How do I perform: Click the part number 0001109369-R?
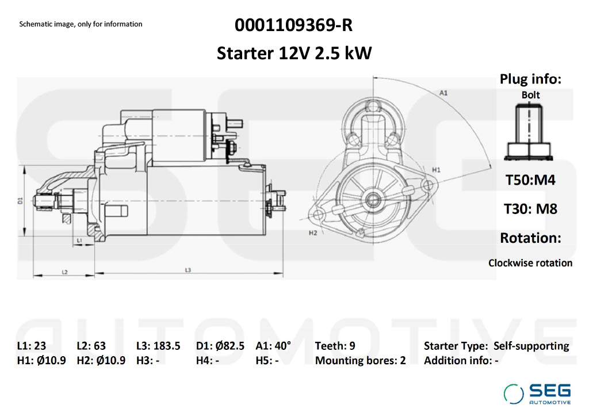[293, 26]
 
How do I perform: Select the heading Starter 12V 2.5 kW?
[294, 54]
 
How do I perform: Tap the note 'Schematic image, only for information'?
[81, 24]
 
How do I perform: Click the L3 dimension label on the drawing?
[188, 269]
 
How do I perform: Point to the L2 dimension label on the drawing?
[65, 271]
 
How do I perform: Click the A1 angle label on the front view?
[444, 93]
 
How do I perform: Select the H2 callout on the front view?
[313, 233]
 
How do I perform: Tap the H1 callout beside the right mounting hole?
[436, 170]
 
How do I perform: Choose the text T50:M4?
[530, 180]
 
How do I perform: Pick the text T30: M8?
[530, 208]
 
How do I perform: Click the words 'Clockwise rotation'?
[530, 263]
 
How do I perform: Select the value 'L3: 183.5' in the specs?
[158, 346]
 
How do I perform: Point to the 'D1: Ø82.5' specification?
[220, 346]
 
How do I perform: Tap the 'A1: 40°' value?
[273, 346]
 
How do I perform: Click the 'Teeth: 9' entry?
[335, 346]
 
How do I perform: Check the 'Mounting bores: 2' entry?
[361, 361]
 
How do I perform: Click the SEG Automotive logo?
[538, 393]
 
